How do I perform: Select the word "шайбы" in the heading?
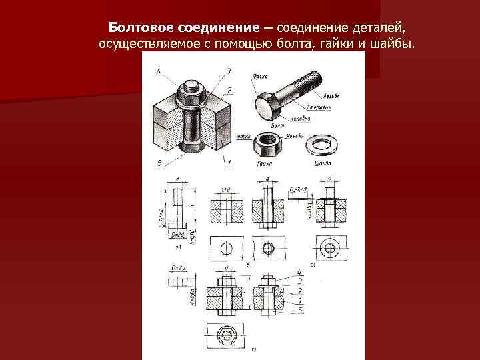396,44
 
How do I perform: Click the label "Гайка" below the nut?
264,162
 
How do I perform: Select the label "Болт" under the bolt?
277,125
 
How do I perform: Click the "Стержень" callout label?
319,107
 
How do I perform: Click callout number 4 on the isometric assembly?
159,71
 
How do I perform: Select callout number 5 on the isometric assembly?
159,163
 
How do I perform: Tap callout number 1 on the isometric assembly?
229,163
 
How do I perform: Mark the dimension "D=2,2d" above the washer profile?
298,189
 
